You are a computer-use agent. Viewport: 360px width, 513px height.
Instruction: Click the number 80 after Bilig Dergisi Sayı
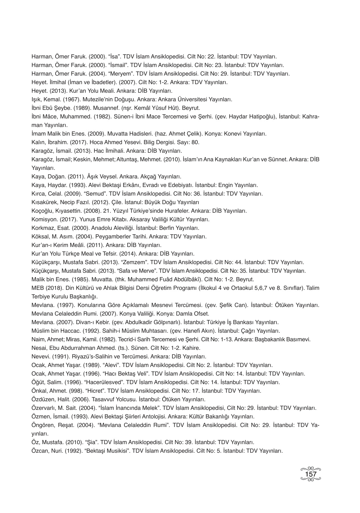[197, 143]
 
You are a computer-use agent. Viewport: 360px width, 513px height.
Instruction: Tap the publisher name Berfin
[164, 228]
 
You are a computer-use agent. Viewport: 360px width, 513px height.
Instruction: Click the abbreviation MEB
[37, 288]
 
